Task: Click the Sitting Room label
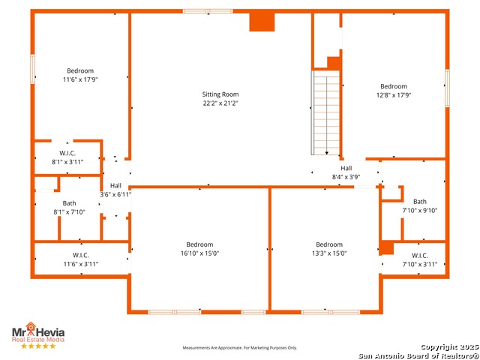click(220, 94)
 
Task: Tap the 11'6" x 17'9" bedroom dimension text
click(80, 79)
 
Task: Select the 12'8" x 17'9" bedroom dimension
click(394, 95)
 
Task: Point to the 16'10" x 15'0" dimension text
click(200, 253)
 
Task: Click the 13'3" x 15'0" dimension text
click(329, 253)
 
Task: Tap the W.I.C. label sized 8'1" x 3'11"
click(67, 153)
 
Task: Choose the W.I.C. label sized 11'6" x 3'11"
click(81, 255)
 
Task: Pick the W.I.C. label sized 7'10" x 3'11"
click(420, 255)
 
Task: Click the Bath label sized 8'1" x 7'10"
click(69, 203)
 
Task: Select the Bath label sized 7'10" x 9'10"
click(420, 202)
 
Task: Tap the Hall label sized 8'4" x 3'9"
click(346, 168)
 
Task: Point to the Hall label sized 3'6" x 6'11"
click(115, 185)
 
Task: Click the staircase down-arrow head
click(327, 153)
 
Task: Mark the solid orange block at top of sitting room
click(262, 22)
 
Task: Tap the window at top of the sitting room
click(208, 11)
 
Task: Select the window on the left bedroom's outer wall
click(32, 69)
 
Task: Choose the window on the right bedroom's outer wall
click(447, 88)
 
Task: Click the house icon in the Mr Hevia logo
click(31, 326)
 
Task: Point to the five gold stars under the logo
click(38, 346)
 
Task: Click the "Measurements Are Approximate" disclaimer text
click(240, 348)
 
